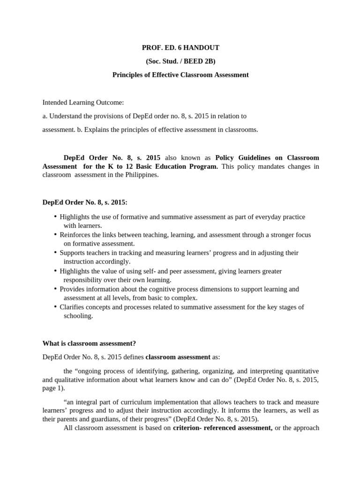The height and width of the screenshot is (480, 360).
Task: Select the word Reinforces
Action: [76, 235]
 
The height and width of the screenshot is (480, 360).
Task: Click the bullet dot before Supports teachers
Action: [55, 252]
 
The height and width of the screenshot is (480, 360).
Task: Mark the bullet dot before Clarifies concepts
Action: [55, 307]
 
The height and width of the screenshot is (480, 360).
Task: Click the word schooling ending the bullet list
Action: [78, 316]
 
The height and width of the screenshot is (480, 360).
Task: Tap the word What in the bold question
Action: [51, 343]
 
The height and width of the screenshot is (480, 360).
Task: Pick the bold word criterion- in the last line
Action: [188, 428]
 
